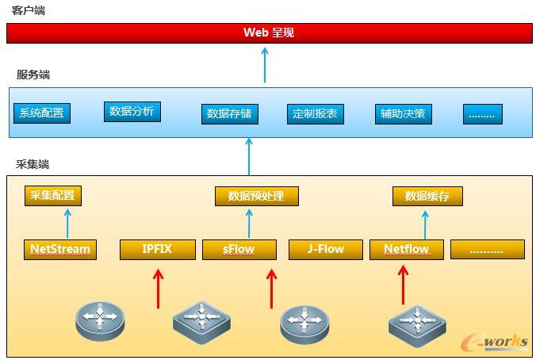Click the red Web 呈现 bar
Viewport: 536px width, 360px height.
click(268, 33)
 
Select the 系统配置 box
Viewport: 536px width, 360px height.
click(41, 113)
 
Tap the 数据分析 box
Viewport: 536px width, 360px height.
click(132, 112)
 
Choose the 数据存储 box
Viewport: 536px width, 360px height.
click(229, 113)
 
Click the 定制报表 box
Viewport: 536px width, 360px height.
click(315, 113)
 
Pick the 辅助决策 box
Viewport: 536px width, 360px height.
click(402, 113)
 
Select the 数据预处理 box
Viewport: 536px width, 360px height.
click(249, 196)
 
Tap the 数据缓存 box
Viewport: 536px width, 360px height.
click(427, 196)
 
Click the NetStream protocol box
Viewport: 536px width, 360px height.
click(60, 249)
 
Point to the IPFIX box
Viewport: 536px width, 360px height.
click(157, 249)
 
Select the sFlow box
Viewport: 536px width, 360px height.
click(239, 250)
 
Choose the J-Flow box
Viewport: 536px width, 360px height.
click(326, 249)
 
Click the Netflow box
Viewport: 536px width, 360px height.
click(406, 250)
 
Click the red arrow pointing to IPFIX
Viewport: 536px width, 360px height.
click(158, 288)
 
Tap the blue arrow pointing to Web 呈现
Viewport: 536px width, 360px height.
click(266, 64)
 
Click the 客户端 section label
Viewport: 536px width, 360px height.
click(29, 10)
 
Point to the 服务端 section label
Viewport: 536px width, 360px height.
click(33, 75)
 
